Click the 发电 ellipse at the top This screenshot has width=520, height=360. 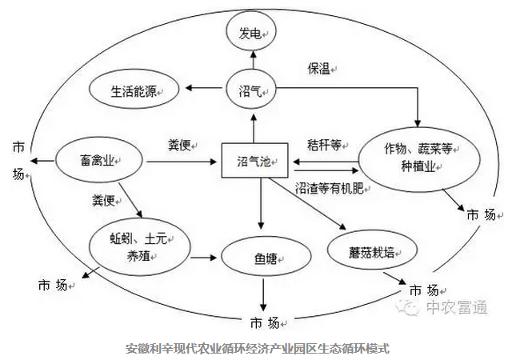coord(251,34)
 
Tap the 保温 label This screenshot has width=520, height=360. coord(319,67)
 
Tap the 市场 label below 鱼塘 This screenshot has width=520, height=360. coord(265,323)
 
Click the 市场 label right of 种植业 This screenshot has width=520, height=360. coord(481,214)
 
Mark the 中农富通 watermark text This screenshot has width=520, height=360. coord(455,308)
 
